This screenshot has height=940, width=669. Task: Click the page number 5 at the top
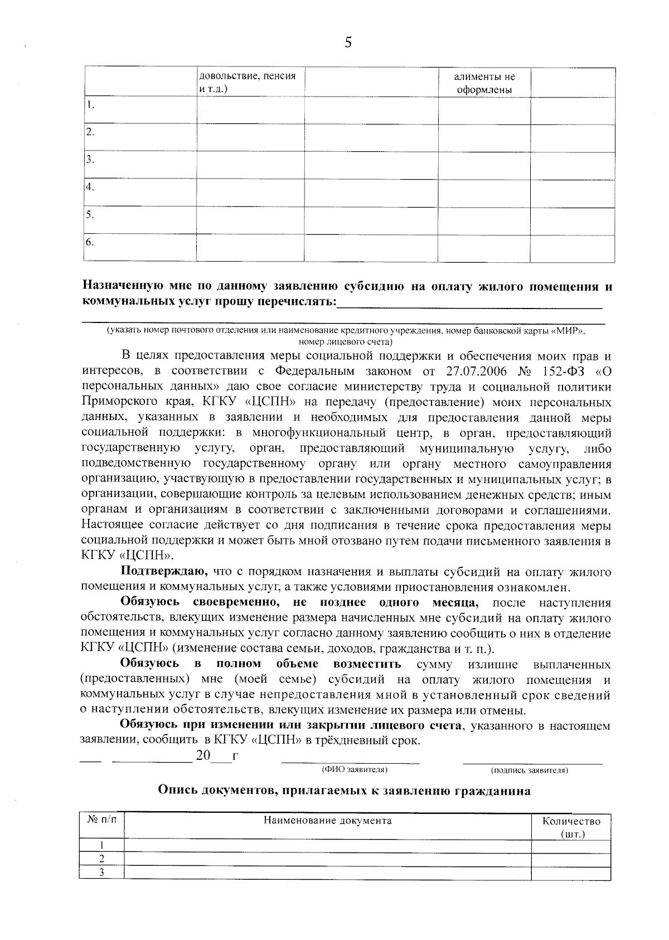click(348, 43)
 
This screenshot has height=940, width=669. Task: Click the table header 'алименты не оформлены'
click(484, 83)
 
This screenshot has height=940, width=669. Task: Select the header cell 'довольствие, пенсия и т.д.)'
click(247, 82)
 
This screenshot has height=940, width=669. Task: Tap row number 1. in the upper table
click(90, 105)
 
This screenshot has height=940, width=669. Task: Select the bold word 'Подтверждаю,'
click(164, 571)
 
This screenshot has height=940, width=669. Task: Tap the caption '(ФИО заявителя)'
click(355, 770)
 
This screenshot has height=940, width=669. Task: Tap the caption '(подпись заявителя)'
click(529, 770)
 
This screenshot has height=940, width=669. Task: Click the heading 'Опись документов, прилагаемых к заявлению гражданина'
click(344, 790)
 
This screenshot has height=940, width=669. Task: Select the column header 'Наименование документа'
click(327, 821)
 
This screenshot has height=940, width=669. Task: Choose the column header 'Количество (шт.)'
click(571, 827)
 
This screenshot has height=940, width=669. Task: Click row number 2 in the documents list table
click(101, 859)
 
